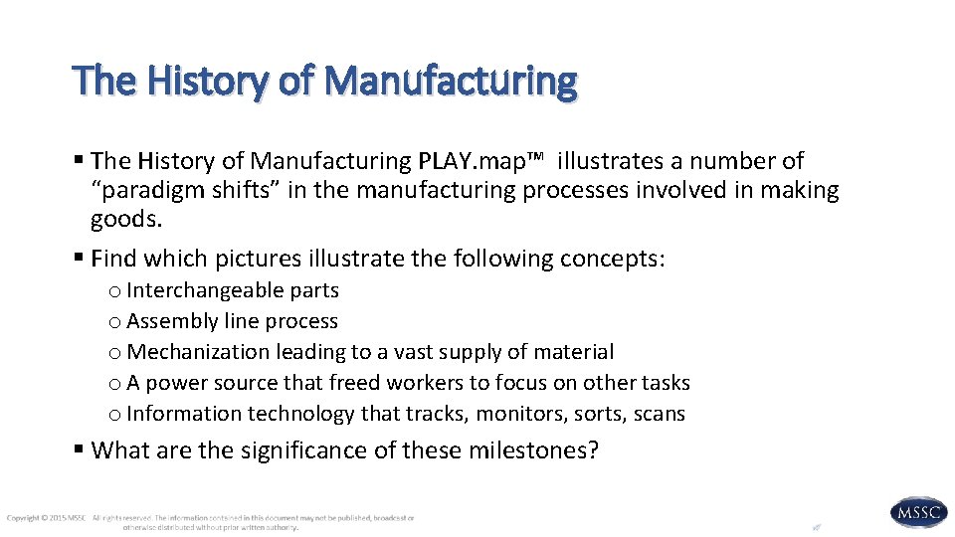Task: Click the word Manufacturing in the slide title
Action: (451, 81)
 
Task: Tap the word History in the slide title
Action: (208, 81)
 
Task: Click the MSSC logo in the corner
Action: (918, 512)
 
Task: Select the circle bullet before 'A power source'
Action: (115, 384)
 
